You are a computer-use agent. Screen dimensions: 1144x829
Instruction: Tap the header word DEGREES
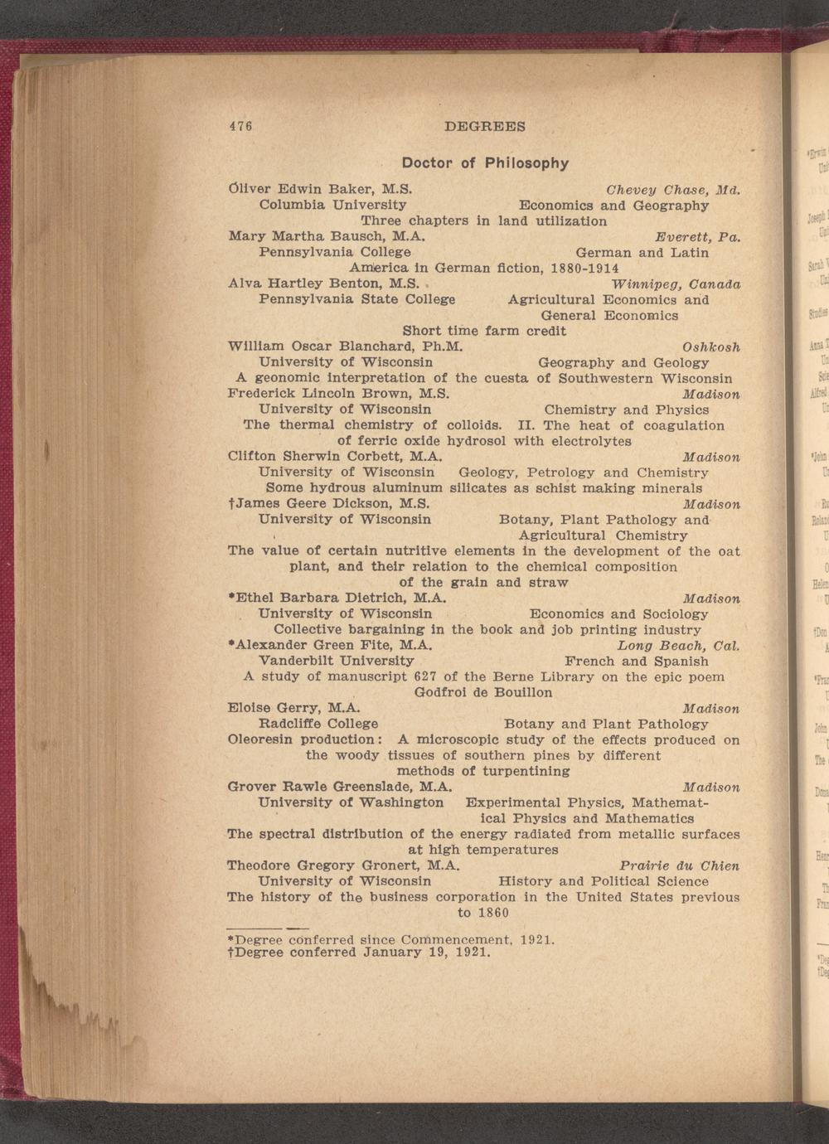[x=485, y=127]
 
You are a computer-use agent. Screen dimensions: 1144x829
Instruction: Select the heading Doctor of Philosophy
[x=485, y=162]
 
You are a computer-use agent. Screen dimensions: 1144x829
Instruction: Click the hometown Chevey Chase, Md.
[x=672, y=189]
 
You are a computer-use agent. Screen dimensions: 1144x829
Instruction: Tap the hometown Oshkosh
[x=710, y=347]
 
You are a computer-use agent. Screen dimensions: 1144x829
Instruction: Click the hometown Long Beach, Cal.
[x=678, y=645]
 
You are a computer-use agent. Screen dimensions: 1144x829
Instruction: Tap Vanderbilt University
[x=337, y=661]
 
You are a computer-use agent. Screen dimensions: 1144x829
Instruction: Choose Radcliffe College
[x=318, y=724]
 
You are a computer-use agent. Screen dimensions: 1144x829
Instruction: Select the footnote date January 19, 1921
[x=428, y=952]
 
